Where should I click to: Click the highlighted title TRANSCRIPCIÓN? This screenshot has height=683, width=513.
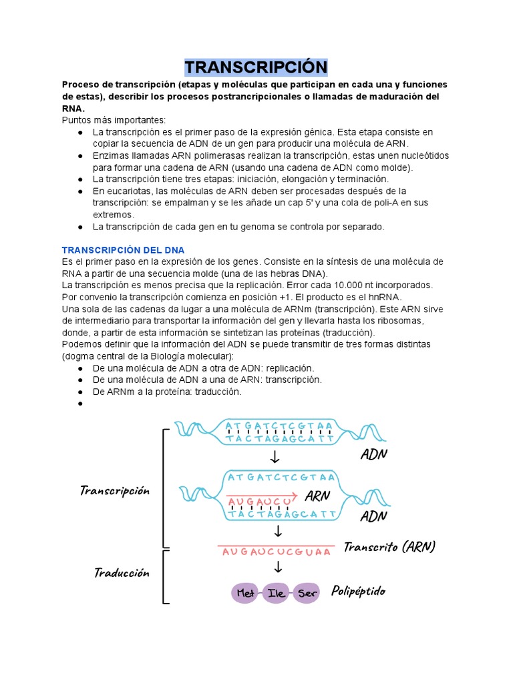coord(256,67)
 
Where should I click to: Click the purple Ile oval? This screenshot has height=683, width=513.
coord(277,593)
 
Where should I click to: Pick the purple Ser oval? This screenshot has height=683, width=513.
coord(307,593)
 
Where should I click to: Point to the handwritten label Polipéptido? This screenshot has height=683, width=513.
coord(358,592)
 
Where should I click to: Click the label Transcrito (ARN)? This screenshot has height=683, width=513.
coord(389,547)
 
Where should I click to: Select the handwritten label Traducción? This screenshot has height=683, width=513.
coord(122,572)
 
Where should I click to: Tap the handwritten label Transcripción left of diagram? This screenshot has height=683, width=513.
coord(114,491)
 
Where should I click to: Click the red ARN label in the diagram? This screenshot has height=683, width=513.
coord(318,496)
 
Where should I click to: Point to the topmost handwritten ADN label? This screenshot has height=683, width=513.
coord(374,455)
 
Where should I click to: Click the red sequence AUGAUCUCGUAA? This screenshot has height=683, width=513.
coord(277,552)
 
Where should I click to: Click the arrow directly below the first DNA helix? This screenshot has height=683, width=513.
coord(275,458)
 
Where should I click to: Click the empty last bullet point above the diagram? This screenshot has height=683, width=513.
coord(80,404)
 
